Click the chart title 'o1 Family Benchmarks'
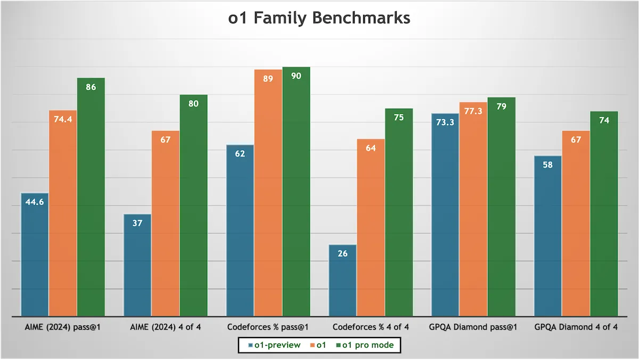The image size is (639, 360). click(319, 18)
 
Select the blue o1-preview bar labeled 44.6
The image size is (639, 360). click(35, 255)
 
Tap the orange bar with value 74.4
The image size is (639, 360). click(63, 214)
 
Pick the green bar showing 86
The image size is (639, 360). click(91, 197)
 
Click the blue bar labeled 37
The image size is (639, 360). click(137, 265)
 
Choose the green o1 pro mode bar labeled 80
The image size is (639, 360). click(194, 206)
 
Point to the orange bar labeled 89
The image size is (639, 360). click(268, 193)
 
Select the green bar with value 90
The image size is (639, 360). click(297, 192)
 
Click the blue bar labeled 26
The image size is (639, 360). click(342, 281)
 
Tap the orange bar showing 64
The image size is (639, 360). click(371, 227)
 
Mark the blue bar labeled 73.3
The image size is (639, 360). click(445, 215)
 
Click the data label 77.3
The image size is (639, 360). click(473, 111)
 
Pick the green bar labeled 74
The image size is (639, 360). click(604, 214)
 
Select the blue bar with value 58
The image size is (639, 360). click(548, 236)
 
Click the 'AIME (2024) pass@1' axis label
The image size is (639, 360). click(63, 327)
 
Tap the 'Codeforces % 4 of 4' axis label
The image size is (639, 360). click(371, 327)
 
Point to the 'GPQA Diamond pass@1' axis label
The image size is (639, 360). click(473, 327)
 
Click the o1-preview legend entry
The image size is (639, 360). click(274, 345)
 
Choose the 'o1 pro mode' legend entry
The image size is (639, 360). click(365, 345)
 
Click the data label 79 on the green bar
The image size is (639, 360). click(502, 107)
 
